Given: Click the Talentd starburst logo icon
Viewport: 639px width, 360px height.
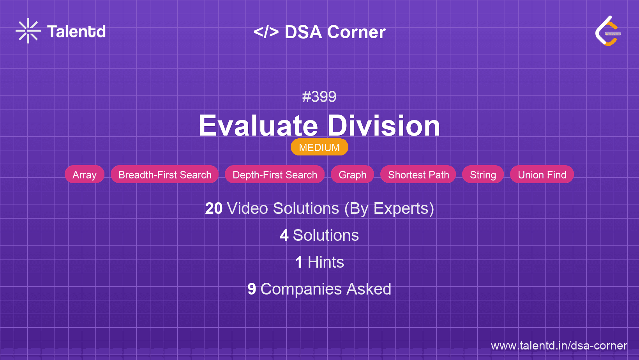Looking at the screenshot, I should point(28,31).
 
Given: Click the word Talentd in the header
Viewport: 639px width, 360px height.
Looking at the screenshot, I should point(76,32).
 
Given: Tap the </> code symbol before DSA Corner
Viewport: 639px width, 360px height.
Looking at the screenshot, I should point(266,32).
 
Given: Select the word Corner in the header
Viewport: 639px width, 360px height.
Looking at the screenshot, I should point(356,32).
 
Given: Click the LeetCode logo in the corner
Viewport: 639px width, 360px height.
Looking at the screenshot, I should point(608,31).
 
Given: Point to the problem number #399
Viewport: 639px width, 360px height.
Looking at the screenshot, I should point(319,97).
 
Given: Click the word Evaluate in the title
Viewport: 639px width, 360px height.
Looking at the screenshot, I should point(258,126).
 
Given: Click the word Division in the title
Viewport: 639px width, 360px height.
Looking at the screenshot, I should point(383,126).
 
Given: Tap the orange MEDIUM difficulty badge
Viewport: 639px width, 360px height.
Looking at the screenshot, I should point(319,147).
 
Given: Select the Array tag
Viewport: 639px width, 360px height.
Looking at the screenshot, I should point(85,175).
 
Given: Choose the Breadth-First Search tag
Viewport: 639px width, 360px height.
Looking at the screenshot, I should point(165,175).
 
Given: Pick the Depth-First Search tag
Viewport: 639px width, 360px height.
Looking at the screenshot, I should point(275,175).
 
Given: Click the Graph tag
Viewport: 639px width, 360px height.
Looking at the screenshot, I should point(352,175).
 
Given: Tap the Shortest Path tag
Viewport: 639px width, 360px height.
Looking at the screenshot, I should point(418,175).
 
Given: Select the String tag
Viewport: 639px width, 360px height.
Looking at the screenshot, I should point(483,175).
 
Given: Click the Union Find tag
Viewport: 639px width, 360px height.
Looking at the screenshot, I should point(542,175).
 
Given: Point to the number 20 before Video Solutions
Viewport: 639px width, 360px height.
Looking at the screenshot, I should point(214,208).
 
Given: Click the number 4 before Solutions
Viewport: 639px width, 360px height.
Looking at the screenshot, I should point(284,235).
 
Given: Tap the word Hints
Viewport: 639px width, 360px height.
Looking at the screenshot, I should point(326,262).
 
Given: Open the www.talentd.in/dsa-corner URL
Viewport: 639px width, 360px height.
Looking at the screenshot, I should point(559,346).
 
